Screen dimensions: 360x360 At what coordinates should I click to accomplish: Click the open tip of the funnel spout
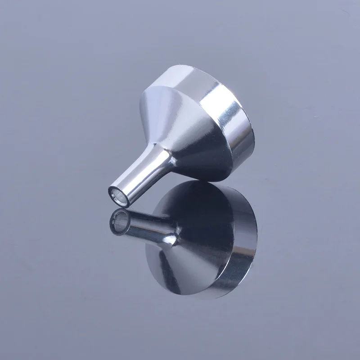[x=118, y=195]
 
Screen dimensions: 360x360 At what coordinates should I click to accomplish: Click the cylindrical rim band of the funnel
[x=225, y=117]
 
